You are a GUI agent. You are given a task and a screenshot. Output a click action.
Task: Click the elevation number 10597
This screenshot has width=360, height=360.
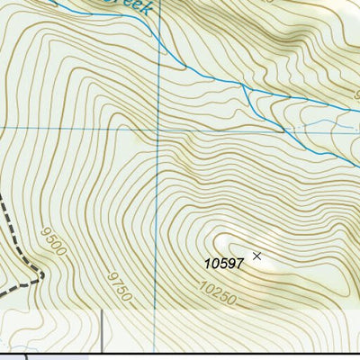click(224, 263)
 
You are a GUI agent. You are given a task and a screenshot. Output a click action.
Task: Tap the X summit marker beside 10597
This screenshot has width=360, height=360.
click(256, 256)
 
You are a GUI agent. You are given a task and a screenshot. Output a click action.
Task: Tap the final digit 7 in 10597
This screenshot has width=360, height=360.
click(240, 263)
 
